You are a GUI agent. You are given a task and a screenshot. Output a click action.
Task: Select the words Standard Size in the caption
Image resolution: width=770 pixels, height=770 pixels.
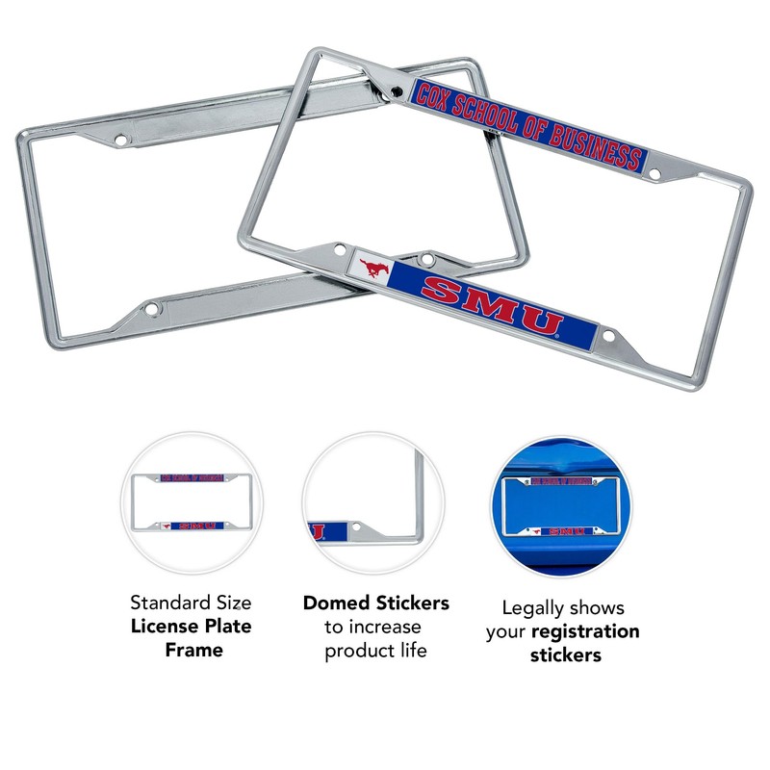[x=191, y=603]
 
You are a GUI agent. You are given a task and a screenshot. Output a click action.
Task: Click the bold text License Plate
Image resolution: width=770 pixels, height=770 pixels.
[x=192, y=627]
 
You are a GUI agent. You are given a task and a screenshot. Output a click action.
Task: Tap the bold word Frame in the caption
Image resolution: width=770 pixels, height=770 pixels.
[x=192, y=650]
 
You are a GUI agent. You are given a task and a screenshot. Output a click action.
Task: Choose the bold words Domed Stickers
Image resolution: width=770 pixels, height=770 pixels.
[x=375, y=603]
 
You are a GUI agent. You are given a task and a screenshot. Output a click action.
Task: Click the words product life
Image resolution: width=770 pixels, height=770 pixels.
[x=375, y=651]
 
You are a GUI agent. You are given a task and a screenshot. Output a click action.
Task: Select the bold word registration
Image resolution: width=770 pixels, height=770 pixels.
[x=584, y=631]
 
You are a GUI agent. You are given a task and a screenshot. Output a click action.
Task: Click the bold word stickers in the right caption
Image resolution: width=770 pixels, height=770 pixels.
[x=565, y=654]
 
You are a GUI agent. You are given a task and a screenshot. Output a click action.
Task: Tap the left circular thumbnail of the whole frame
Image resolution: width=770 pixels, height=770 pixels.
[x=191, y=502]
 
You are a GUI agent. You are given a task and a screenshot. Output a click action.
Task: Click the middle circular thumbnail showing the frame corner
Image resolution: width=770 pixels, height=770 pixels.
[x=373, y=502]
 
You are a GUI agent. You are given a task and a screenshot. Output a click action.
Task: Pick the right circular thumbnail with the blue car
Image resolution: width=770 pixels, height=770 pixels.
[x=559, y=502]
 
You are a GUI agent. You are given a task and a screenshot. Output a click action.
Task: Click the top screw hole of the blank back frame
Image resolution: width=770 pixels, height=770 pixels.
[x=120, y=141]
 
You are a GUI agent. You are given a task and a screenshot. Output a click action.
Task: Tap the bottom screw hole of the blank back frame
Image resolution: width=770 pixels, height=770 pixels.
[x=151, y=310]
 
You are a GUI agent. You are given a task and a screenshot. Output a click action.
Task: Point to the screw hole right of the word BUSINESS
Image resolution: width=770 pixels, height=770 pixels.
[x=654, y=174]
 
